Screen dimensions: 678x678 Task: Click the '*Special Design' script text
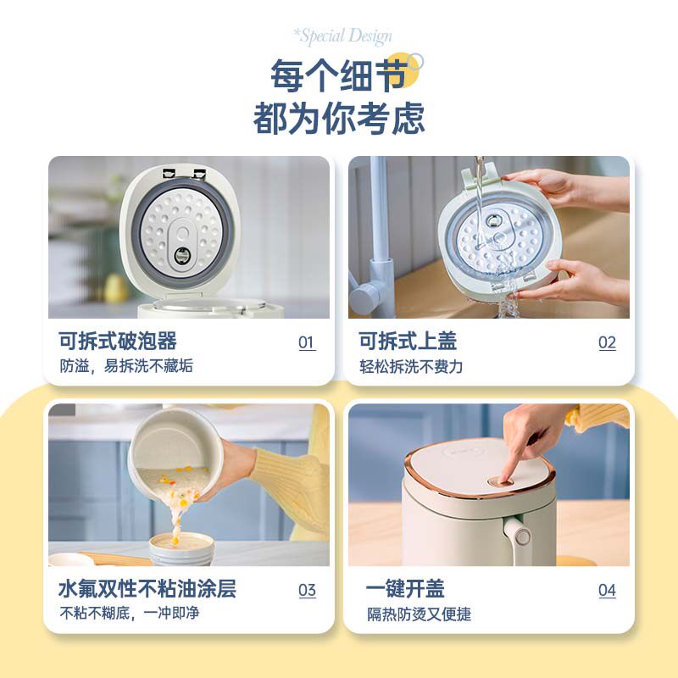click(x=342, y=36)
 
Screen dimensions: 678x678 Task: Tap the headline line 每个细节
click(x=339, y=76)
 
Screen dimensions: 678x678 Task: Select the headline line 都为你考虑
click(x=339, y=119)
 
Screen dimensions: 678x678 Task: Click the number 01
click(x=307, y=343)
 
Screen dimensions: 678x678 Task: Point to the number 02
click(x=607, y=343)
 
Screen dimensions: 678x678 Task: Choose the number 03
click(x=307, y=591)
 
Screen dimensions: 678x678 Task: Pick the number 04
click(x=607, y=591)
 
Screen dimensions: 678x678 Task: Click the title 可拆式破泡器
click(x=118, y=342)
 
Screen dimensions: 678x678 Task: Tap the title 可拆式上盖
click(x=408, y=342)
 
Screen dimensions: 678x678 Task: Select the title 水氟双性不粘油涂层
click(x=147, y=589)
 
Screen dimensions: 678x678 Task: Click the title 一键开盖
click(x=405, y=589)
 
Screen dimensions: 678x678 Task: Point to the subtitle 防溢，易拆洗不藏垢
click(x=126, y=366)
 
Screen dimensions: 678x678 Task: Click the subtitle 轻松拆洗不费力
click(x=411, y=367)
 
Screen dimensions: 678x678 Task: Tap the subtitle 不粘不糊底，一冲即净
click(x=129, y=613)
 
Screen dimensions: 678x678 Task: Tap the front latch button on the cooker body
click(x=523, y=536)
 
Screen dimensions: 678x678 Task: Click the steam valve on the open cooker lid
click(x=182, y=256)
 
